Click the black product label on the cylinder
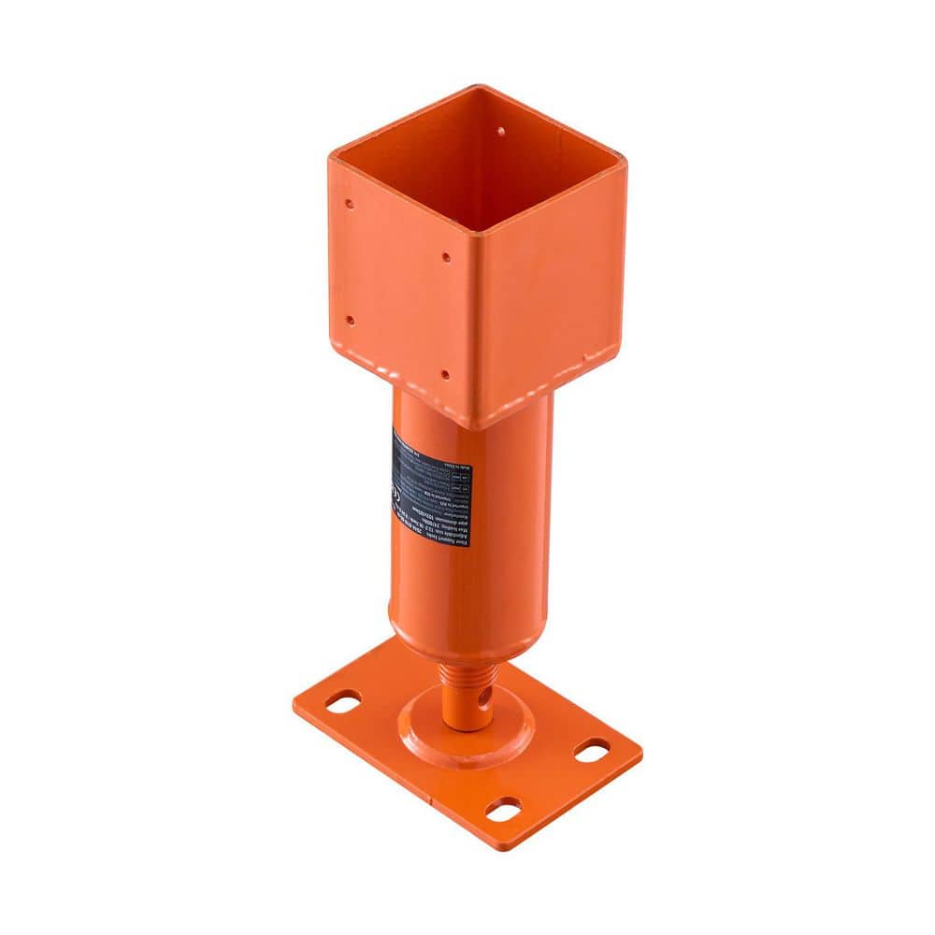[x=432, y=487]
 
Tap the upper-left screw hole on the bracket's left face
[x=349, y=203]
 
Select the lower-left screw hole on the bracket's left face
[x=350, y=320]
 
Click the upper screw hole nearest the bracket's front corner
[x=446, y=256]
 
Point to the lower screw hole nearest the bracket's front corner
[x=444, y=374]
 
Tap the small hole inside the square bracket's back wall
[x=500, y=132]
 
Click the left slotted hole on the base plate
[x=343, y=701]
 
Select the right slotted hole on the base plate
[x=591, y=749]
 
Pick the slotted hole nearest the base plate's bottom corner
[x=504, y=809]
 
